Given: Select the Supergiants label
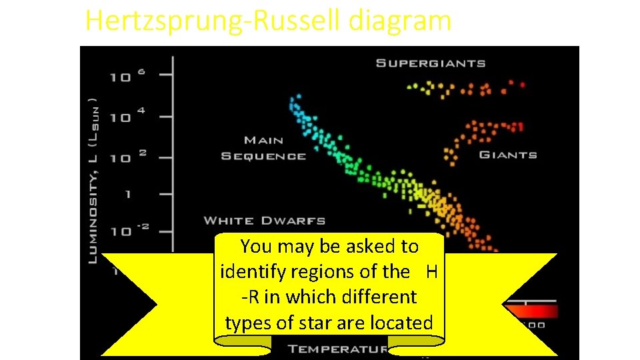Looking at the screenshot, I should (431, 63).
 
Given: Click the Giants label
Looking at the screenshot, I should (508, 155).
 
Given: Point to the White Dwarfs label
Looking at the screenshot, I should (264, 220).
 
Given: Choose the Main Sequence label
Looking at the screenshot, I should (264, 148).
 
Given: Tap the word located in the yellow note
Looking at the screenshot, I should (402, 323).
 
